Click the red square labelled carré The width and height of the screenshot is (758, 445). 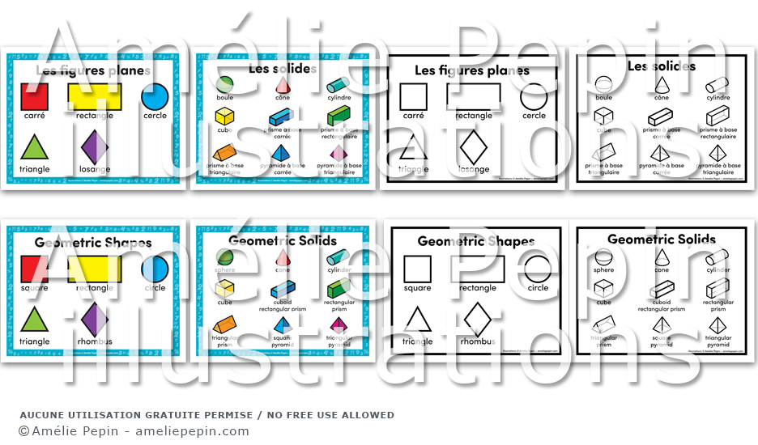click(34, 97)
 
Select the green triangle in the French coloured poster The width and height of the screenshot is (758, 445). click(33, 148)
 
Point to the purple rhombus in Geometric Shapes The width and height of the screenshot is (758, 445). click(96, 319)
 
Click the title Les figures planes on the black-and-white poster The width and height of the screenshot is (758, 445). click(472, 70)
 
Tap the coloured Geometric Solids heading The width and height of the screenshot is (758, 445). click(283, 240)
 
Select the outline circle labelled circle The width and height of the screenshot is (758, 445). click(537, 269)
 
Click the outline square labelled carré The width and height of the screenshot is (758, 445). click(414, 97)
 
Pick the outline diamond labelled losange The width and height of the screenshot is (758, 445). click(474, 148)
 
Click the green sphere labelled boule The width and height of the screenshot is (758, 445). click(224, 84)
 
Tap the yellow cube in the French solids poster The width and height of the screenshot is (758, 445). click(224, 117)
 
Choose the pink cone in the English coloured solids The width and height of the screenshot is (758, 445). click(282, 257)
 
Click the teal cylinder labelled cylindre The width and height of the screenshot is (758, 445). click(338, 85)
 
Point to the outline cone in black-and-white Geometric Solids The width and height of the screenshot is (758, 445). click(661, 257)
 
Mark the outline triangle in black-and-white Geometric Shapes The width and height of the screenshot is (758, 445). click(417, 320)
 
